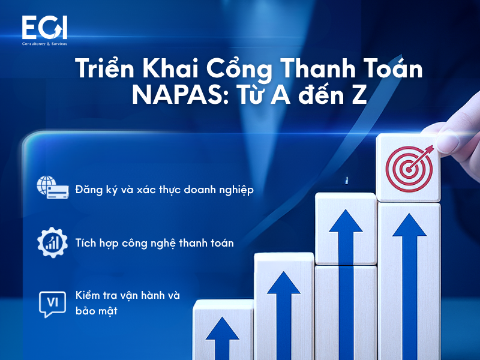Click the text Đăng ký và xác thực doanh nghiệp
coord(164,190)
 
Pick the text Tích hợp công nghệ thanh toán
coord(154,243)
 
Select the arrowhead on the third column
coord(346,220)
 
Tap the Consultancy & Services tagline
coord(44,44)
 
